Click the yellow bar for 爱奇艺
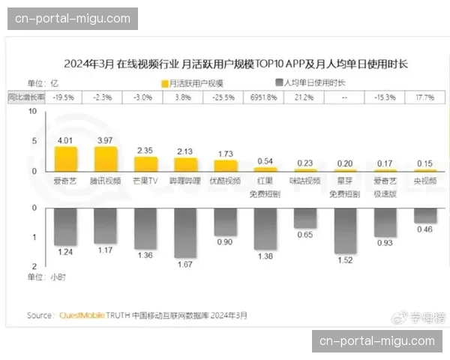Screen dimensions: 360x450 coord(66,159)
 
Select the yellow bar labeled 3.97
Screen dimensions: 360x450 coord(106,159)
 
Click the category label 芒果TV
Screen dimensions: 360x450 coord(145,181)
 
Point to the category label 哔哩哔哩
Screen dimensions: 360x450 coord(185,181)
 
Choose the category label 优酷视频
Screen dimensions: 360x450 coord(225,181)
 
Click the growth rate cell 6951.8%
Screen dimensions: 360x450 coord(265,97)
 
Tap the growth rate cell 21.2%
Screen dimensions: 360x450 coord(304,97)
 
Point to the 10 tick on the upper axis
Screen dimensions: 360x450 coord(32,112)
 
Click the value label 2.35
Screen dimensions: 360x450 coord(145,151)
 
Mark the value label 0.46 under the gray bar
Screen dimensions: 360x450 coord(425,229)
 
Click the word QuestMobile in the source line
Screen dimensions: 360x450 coord(82,316)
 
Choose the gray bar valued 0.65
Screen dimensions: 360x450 coord(305,217)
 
